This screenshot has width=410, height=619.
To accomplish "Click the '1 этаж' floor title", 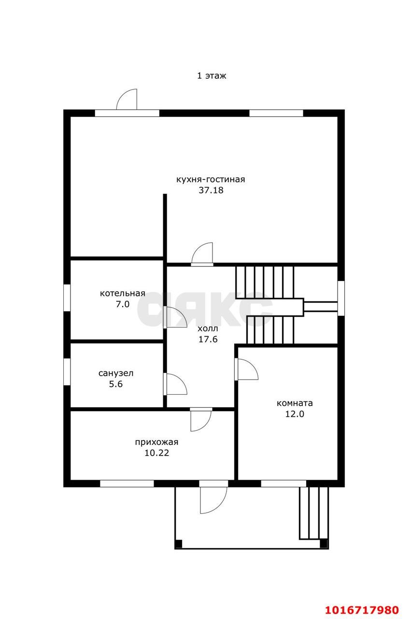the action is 212,75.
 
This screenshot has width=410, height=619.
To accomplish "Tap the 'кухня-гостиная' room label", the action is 211,179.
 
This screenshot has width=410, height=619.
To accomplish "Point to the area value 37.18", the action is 211,191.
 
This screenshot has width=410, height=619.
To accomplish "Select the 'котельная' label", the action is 122,294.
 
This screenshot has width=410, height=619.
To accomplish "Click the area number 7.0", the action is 123,304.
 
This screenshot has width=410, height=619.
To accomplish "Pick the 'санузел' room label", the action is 116,373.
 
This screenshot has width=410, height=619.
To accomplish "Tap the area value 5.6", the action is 116,384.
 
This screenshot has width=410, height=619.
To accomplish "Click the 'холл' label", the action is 208,328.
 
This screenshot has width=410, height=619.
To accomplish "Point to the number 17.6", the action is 208,339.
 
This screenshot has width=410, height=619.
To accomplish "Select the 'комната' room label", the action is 295,403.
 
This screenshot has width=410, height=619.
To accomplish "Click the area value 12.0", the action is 295,414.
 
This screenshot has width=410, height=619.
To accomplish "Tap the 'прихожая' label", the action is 156,442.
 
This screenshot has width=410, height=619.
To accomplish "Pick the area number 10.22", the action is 157,453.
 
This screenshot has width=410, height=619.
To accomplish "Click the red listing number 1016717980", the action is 362,609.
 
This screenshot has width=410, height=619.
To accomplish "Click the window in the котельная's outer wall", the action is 67,297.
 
